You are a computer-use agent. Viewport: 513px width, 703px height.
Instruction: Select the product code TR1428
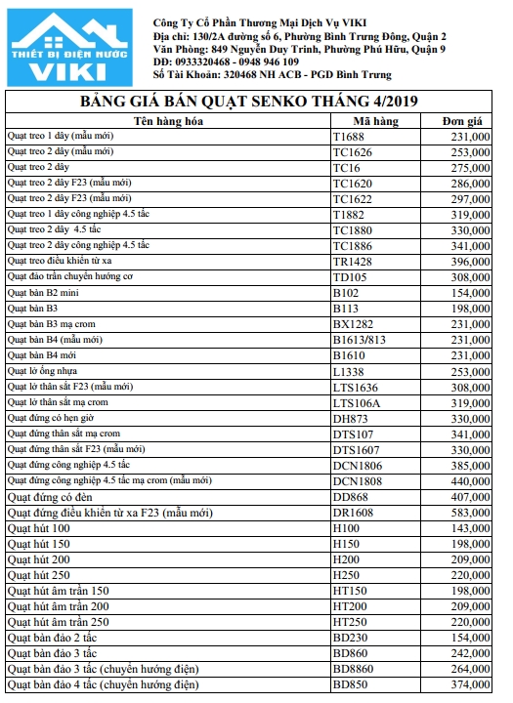pyautogui.click(x=352, y=262)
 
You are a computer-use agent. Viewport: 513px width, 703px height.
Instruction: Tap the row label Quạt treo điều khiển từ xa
pyautogui.click(x=60, y=262)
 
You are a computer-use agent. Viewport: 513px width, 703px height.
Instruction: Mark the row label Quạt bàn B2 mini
pyautogui.click(x=43, y=293)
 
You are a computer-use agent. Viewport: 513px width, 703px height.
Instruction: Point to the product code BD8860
pyautogui.click(x=354, y=669)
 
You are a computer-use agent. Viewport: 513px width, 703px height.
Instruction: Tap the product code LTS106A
pyautogui.click(x=356, y=402)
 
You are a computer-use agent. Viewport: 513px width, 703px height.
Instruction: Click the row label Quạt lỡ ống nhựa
pyautogui.click(x=43, y=371)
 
